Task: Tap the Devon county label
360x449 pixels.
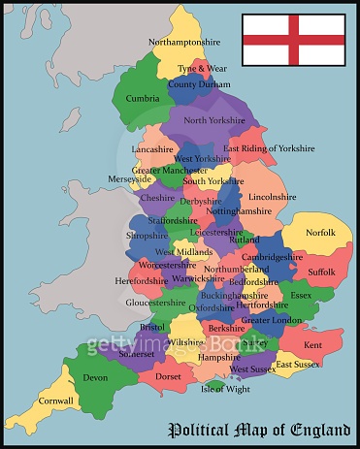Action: (95, 377)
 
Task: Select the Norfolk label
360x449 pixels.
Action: (320, 233)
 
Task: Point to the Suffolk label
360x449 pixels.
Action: (321, 273)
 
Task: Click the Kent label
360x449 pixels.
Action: (312, 345)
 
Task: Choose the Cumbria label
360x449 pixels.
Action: (143, 98)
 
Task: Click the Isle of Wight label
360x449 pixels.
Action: (224, 389)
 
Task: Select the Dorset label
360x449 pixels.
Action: (168, 376)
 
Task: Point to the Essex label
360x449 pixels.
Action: (301, 295)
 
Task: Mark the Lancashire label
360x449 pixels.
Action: (152, 150)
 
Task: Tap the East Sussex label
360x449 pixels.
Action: (297, 365)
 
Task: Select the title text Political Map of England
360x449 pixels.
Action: (260, 429)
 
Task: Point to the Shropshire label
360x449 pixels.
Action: (147, 236)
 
